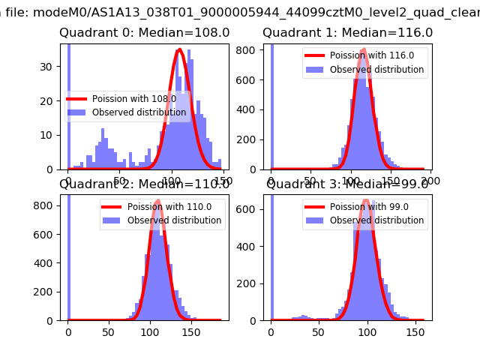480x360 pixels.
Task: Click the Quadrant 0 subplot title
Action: tap(144, 33)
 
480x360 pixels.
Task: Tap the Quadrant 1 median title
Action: tap(347, 33)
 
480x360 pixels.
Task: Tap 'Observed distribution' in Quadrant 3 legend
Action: tap(375, 220)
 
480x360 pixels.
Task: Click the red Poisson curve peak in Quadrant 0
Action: tap(179, 50)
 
